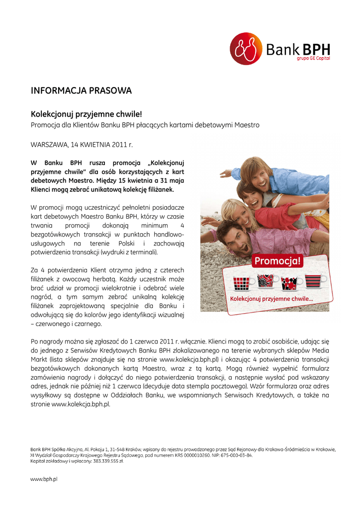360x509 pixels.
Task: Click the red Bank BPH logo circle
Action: [x=246, y=48]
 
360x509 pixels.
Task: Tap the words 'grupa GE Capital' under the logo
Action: [x=313, y=59]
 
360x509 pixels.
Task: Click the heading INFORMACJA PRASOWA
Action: [x=81, y=90]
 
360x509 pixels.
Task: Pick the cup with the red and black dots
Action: [x=289, y=283]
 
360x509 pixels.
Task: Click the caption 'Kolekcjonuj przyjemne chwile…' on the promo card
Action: [x=271, y=299]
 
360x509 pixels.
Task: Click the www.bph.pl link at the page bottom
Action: [x=44, y=479]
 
